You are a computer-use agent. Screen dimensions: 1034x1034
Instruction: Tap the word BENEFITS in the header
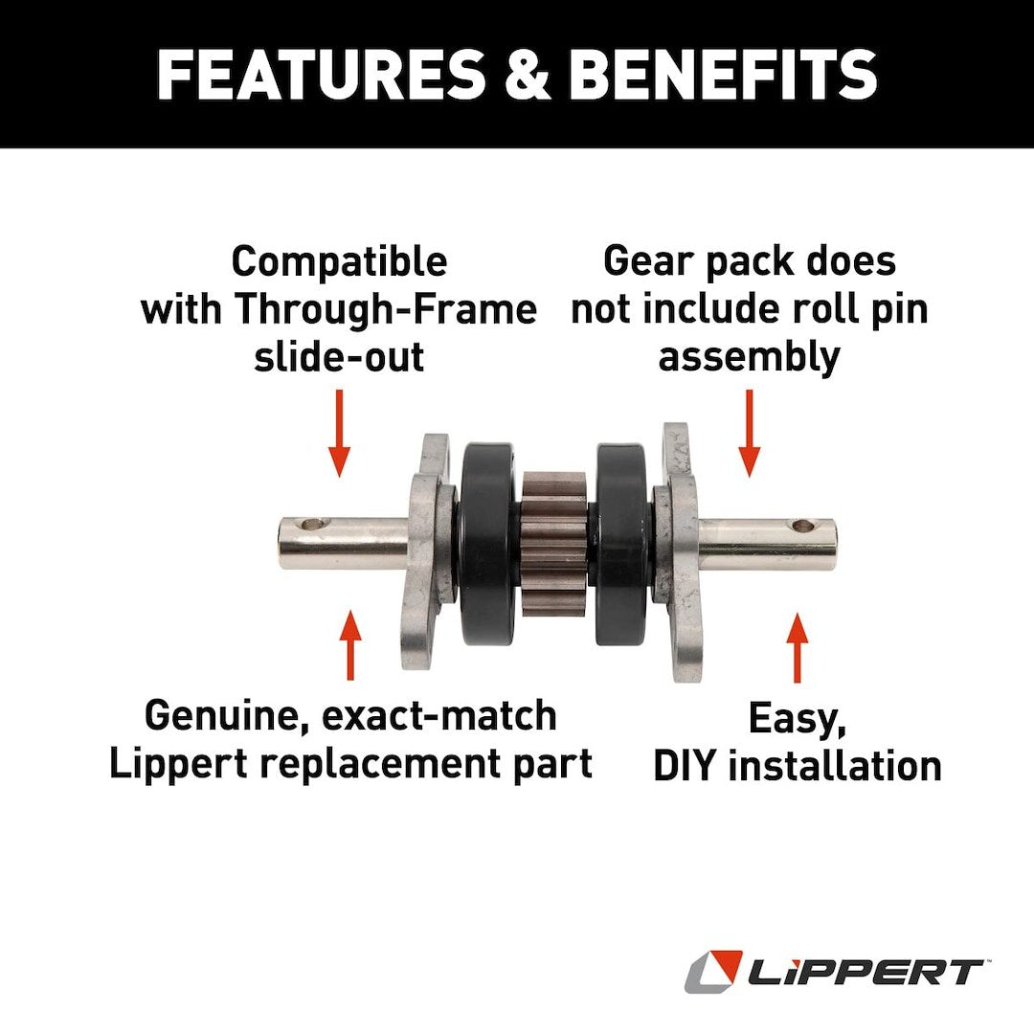click(x=724, y=74)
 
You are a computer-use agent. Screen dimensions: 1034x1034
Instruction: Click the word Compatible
click(x=339, y=261)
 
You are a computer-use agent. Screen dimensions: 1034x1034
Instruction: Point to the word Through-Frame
click(x=386, y=309)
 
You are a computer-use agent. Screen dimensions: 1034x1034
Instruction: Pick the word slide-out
click(x=339, y=357)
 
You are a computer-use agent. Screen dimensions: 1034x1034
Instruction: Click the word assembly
click(x=749, y=357)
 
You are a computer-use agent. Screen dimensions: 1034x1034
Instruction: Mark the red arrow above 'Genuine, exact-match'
click(x=350, y=644)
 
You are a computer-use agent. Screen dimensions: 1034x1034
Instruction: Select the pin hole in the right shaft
click(x=804, y=526)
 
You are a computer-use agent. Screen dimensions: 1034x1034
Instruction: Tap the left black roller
click(x=488, y=543)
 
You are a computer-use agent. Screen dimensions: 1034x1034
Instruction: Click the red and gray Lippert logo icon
click(x=713, y=972)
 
